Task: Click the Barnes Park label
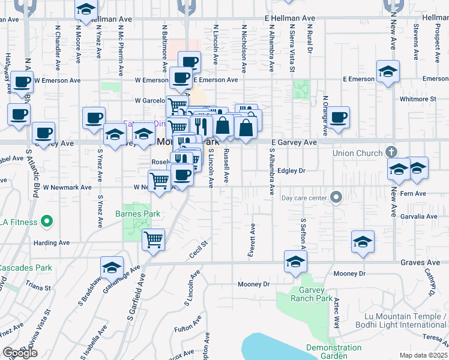137,214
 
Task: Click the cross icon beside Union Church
391,152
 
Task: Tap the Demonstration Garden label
334,352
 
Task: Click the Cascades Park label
19,267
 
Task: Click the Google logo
20,353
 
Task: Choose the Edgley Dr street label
292,171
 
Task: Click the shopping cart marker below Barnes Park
154,240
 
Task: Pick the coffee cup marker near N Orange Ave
339,117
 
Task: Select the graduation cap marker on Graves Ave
295,262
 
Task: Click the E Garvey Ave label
294,142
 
